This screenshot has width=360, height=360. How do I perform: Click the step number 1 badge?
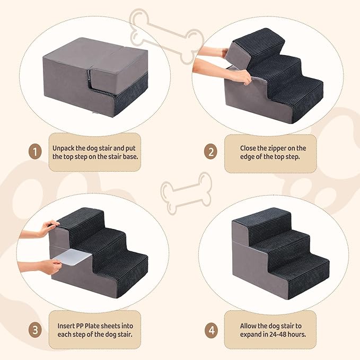[x=35, y=152]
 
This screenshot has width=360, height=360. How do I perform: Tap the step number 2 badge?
[x=210, y=152]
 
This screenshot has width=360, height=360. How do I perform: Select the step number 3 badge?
[x=35, y=330]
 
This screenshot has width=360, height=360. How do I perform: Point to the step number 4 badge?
[x=211, y=330]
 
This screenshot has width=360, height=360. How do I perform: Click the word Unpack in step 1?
[x=64, y=148]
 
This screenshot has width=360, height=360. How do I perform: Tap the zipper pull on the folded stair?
[x=89, y=74]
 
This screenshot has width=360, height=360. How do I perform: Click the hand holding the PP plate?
[x=51, y=266]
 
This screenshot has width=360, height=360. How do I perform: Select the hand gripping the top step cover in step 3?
[x=48, y=228]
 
